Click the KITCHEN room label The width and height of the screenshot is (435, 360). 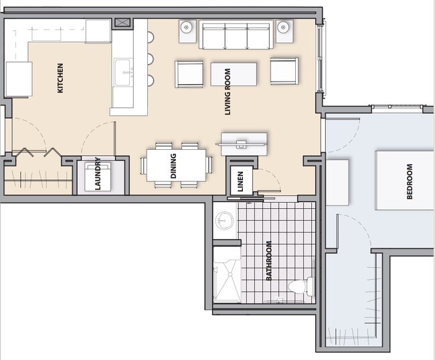click(60, 78)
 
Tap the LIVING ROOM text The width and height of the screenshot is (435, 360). click(228, 92)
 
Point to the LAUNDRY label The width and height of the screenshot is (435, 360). click(98, 174)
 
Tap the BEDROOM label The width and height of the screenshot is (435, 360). click(410, 182)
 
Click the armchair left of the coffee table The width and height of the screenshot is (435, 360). click(189, 74)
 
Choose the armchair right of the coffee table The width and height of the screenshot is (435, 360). click(284, 71)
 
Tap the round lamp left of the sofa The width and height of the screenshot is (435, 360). click(187, 28)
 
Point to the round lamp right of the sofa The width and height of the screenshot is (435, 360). click(284, 28)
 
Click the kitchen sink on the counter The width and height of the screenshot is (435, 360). click(123, 72)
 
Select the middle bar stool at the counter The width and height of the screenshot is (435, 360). click(148, 58)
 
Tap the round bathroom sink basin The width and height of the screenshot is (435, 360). click(224, 221)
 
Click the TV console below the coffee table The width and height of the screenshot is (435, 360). click(244, 142)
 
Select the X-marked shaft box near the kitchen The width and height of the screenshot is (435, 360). click(123, 23)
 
